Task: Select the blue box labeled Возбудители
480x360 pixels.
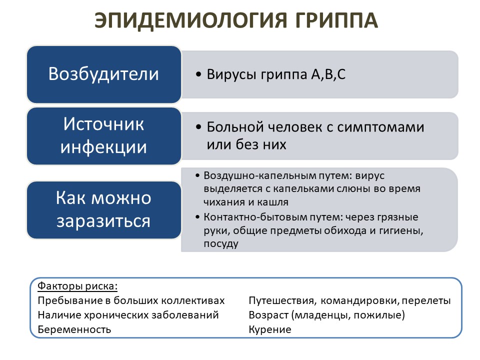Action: tap(103, 74)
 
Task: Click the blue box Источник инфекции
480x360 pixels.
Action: tap(103, 135)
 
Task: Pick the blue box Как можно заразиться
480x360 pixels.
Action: tap(103, 209)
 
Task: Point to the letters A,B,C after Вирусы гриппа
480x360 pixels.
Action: tap(328, 75)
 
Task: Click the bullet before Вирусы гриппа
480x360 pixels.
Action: tap(198, 75)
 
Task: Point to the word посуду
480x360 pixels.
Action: tap(221, 244)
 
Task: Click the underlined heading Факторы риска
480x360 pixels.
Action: tap(77, 286)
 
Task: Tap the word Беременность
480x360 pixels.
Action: tap(74, 329)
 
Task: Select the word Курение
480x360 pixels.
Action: tap(269, 329)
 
